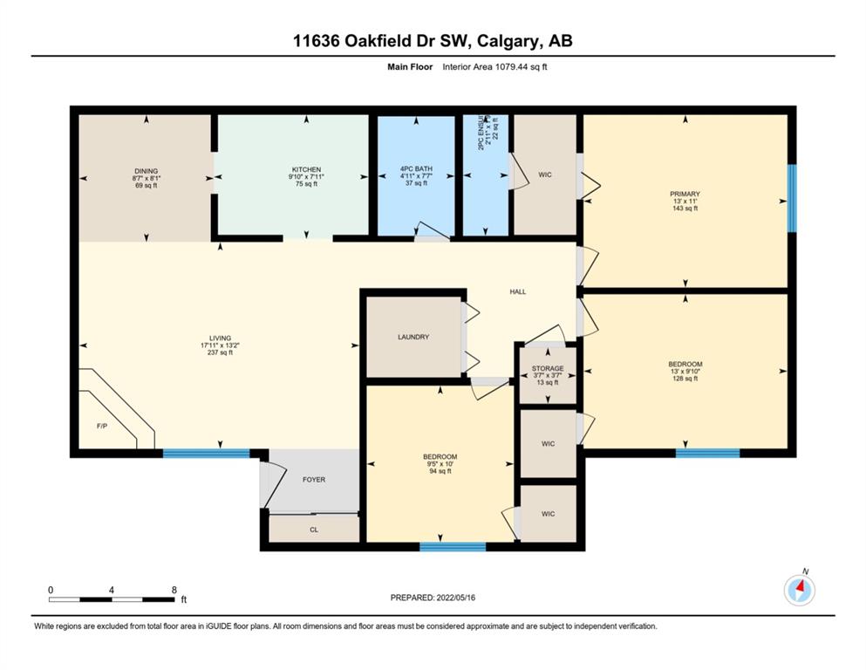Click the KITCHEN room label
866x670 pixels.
point(306,169)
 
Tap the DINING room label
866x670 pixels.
point(147,171)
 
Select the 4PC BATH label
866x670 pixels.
point(417,169)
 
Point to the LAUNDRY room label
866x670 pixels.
point(413,337)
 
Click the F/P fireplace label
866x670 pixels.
point(102,427)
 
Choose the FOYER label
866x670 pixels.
point(314,480)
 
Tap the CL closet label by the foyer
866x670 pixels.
point(314,530)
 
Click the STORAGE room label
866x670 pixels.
point(548,368)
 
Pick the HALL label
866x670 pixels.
point(517,291)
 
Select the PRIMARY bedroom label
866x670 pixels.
point(685,194)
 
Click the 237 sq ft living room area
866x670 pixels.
point(220,352)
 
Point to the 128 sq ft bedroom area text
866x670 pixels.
point(685,379)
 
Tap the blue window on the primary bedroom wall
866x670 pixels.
point(792,198)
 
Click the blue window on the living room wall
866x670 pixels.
point(206,454)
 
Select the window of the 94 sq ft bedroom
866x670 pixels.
point(453,547)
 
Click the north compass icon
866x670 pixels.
point(799,590)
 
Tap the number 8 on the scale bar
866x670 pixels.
point(174,590)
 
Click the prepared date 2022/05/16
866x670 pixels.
point(455,598)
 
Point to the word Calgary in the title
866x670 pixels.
point(508,41)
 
